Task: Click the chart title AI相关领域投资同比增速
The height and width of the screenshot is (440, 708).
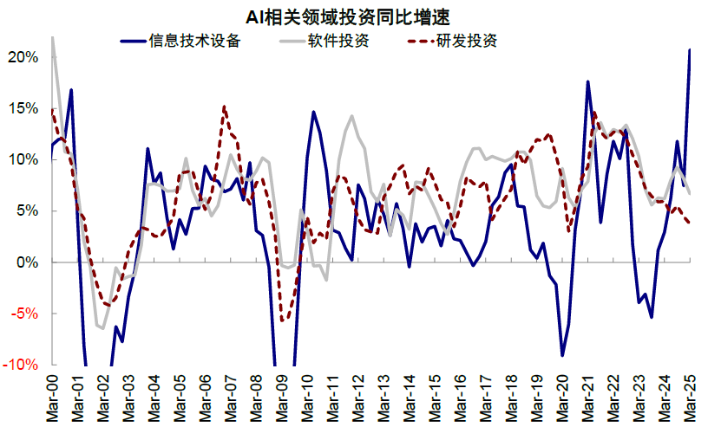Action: tap(354, 15)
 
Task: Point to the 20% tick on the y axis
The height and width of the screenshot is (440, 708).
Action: tap(23, 57)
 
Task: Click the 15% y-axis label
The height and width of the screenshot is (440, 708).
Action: tap(23, 108)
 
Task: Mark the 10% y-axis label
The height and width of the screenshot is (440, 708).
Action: tap(23, 159)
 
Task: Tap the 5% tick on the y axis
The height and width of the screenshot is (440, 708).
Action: tap(27, 210)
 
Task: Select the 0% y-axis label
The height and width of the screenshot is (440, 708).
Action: tap(27, 262)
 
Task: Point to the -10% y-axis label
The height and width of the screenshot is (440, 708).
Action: tap(22, 364)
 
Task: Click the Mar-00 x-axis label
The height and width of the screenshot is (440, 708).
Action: tap(52, 398)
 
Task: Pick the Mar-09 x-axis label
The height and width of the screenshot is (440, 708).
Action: tap(282, 398)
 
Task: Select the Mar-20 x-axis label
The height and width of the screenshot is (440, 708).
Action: tap(563, 398)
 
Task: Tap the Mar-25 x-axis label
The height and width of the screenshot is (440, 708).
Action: tap(691, 398)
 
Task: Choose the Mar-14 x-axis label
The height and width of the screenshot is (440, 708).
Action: tap(410, 398)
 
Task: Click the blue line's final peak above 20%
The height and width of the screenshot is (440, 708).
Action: tap(690, 50)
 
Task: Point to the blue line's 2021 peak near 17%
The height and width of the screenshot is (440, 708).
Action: tap(588, 81)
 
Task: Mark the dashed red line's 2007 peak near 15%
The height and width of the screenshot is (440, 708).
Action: tap(225, 107)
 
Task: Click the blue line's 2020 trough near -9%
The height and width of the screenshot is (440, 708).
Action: tap(562, 355)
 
